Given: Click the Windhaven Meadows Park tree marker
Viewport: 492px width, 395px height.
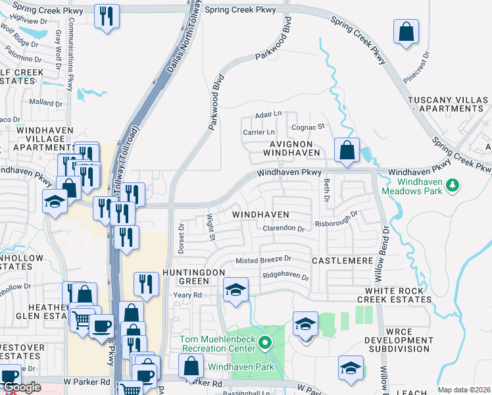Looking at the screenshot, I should click(x=452, y=186).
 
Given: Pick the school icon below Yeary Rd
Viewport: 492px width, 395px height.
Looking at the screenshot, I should click(x=235, y=290).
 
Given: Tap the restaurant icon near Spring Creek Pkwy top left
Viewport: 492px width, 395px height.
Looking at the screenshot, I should click(x=107, y=16).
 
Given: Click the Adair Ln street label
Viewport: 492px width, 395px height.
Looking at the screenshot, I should click(x=268, y=115).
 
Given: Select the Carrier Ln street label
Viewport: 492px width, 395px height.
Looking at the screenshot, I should click(x=258, y=132).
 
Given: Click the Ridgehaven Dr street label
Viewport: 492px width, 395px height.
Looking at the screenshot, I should click(x=285, y=277).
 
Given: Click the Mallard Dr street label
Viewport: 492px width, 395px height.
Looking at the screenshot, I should click(x=45, y=102).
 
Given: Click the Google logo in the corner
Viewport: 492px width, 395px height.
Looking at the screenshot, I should click(x=21, y=387).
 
